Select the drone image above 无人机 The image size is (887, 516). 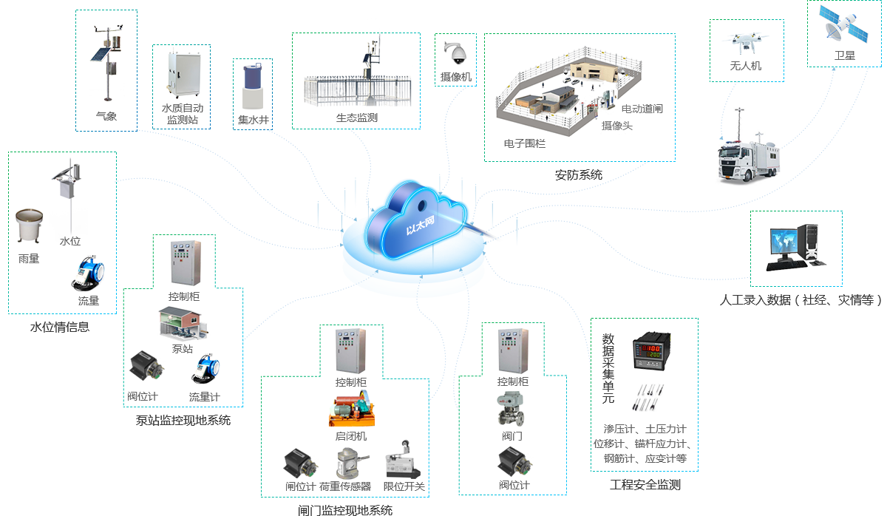click(x=744, y=43)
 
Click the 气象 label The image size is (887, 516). click(x=106, y=116)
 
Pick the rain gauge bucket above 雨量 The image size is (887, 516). click(x=30, y=227)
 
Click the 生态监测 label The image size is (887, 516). click(x=356, y=117)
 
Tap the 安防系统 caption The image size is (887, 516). click(x=579, y=175)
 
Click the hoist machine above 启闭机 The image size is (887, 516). click(x=350, y=408)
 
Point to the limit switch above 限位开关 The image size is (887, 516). click(x=403, y=461)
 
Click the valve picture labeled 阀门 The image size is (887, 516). click(x=512, y=409)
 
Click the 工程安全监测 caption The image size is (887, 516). click(x=645, y=485)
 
